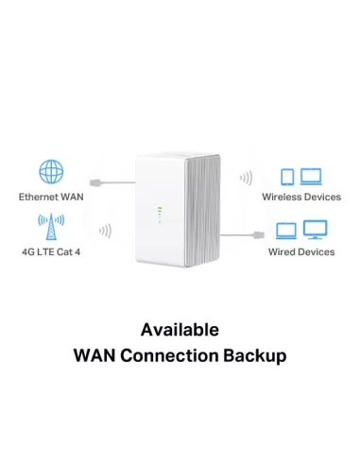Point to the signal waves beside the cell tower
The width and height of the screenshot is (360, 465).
point(104,230)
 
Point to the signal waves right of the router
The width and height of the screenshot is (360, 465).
point(246,178)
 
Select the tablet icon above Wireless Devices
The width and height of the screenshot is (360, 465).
point(288,177)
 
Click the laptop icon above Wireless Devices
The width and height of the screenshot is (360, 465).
point(310,177)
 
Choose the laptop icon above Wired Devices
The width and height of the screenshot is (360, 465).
point(286,231)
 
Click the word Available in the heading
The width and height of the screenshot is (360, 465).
point(180,330)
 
